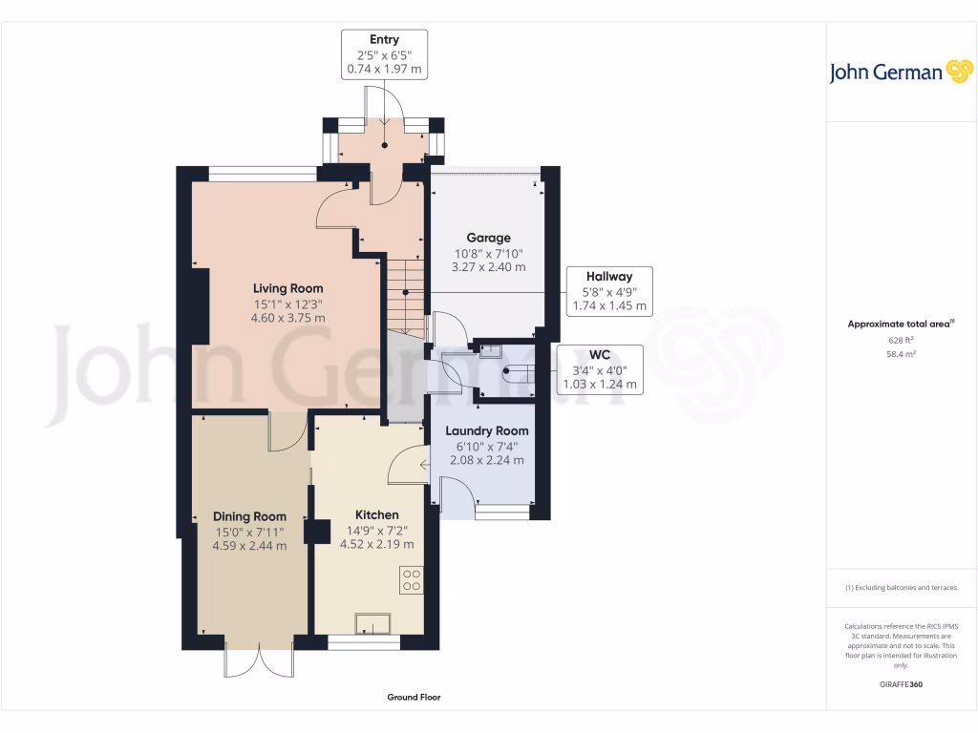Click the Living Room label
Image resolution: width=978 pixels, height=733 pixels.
[287, 288]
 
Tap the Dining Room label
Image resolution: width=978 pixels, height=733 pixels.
[249, 516]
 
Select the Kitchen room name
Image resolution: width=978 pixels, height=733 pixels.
[376, 514]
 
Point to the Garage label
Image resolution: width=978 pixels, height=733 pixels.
[488, 238]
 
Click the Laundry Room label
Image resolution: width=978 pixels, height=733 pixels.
[487, 430]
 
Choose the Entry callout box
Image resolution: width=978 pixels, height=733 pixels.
[384, 54]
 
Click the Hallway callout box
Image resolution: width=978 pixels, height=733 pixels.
[609, 291]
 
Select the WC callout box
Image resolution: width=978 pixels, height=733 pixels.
[599, 369]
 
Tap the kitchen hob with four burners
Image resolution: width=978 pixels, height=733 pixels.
[412, 580]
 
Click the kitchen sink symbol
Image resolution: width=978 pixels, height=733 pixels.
[373, 623]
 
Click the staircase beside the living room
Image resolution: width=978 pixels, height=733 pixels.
[405, 292]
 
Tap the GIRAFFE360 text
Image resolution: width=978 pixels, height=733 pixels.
[901, 684]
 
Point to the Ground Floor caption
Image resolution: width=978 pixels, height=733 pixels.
[414, 698]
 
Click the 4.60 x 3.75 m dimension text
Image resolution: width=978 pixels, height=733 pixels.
[287, 318]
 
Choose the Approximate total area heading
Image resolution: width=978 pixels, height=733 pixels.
[900, 324]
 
